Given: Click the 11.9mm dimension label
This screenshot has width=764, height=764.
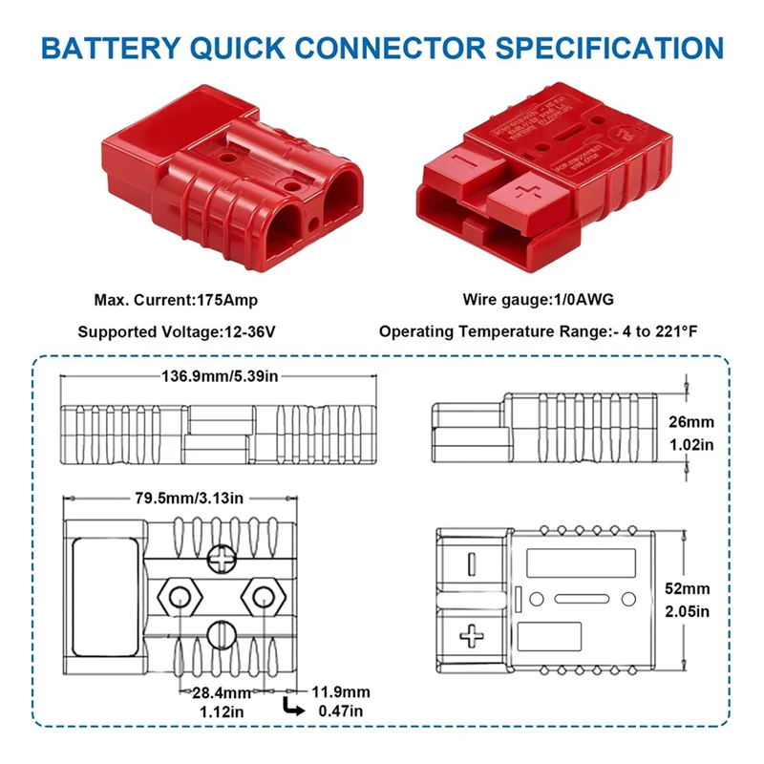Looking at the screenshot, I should coord(340,691).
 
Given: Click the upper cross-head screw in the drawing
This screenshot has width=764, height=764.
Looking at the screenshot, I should coord(221,556).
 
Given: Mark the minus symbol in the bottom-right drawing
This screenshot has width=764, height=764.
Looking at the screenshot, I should coord(471,563).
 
